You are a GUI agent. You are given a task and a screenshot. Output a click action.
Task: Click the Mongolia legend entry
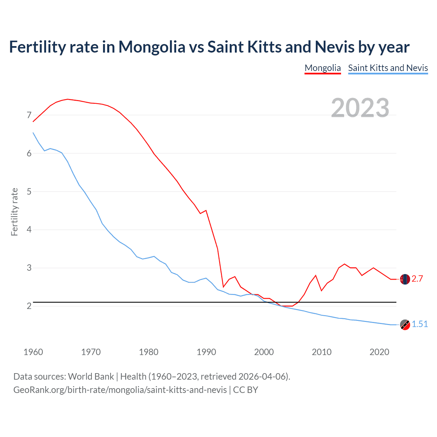pyautogui.click(x=323, y=68)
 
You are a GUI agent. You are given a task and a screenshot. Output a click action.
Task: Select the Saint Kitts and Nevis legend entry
pyautogui.click(x=388, y=68)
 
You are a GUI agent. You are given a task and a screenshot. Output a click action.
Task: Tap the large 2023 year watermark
pyautogui.click(x=360, y=108)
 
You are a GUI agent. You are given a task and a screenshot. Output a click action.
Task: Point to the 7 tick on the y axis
pyautogui.click(x=29, y=115)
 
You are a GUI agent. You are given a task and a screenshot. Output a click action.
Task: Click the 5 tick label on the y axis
pyautogui.click(x=29, y=192)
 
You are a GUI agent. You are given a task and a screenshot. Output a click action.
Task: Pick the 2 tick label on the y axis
pyautogui.click(x=29, y=306)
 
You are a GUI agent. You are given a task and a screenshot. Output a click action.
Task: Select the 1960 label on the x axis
pyautogui.click(x=33, y=352)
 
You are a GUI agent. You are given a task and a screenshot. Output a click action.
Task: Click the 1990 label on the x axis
pyautogui.click(x=206, y=352)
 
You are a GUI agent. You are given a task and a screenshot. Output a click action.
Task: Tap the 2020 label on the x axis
pyautogui.click(x=379, y=352)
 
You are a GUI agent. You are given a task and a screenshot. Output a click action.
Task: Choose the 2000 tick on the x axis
pyautogui.click(x=264, y=352)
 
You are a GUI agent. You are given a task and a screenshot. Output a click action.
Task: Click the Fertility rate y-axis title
pyautogui.click(x=14, y=212)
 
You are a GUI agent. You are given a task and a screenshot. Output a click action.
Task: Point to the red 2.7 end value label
pyautogui.click(x=417, y=279)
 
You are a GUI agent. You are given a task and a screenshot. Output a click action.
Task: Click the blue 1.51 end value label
pyautogui.click(x=420, y=324)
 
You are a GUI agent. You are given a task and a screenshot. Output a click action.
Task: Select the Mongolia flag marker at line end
pyautogui.click(x=405, y=279)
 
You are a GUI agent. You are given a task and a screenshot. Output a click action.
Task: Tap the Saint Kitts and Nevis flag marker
pyautogui.click(x=405, y=325)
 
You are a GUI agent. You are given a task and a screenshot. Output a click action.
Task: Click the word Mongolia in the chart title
pyautogui.click(x=152, y=47)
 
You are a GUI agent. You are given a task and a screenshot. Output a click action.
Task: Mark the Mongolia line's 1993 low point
pyautogui.click(x=223, y=287)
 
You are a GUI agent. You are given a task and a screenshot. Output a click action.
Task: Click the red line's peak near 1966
pyautogui.click(x=68, y=99)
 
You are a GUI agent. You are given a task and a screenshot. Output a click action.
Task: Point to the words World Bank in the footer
pyautogui.click(x=91, y=377)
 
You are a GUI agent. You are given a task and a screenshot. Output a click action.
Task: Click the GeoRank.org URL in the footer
pyautogui.click(x=120, y=390)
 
